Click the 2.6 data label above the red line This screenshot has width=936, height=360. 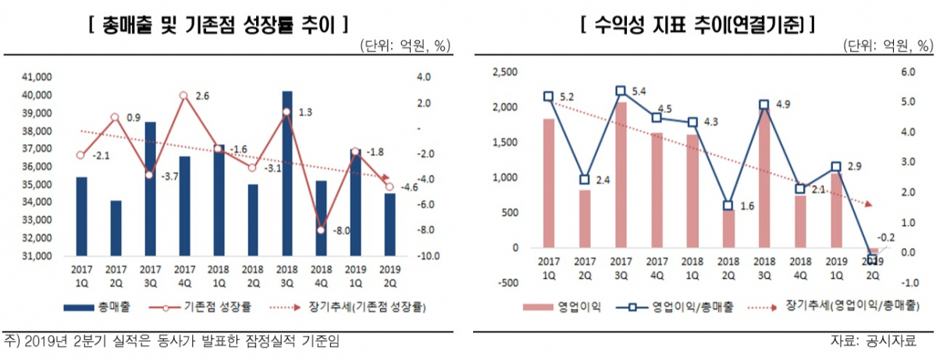(201, 96)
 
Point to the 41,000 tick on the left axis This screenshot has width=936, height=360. (37, 77)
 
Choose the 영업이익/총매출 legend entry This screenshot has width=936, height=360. (680, 307)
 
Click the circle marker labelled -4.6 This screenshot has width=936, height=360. (390, 186)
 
